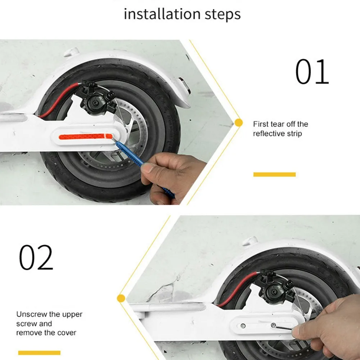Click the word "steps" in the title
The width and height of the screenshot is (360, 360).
point(223,14)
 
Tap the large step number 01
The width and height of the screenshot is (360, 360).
point(312,72)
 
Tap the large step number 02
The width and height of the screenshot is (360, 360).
point(36,257)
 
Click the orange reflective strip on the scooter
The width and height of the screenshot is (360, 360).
point(86,137)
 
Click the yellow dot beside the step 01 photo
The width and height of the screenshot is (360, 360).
point(238,123)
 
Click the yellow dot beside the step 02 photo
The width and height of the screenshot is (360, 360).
point(121,298)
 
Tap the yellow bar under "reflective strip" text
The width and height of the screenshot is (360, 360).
point(274,174)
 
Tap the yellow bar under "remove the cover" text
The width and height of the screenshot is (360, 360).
point(39,353)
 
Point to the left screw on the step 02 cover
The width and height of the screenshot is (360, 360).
point(243,326)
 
